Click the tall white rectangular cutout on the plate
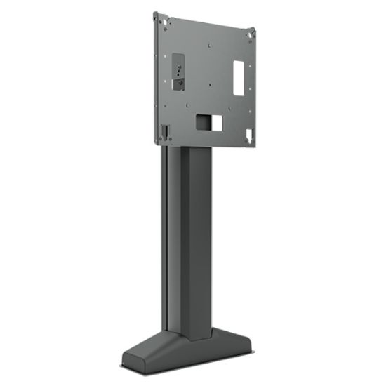click(238, 70)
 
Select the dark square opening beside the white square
click(201, 121)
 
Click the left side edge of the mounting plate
click(154, 77)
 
